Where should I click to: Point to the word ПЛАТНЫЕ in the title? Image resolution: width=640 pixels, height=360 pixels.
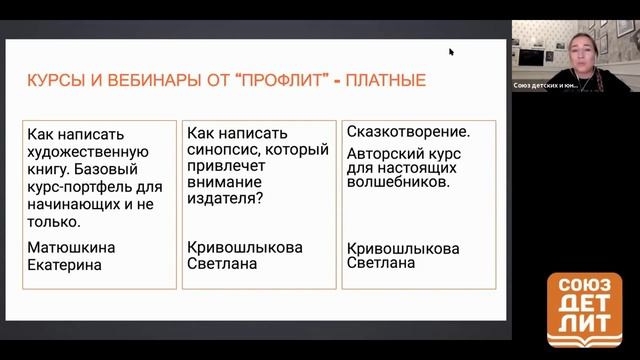click(x=385, y=81)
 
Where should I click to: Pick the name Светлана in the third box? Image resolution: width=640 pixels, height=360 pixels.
click(x=383, y=263)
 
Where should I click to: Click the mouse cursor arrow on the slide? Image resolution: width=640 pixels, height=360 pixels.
click(x=451, y=52)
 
